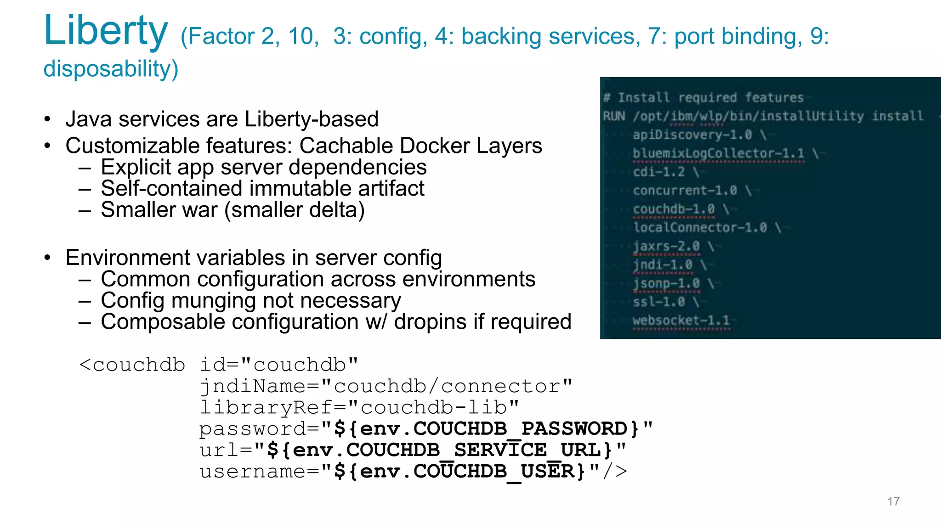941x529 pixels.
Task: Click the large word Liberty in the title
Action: [x=106, y=30]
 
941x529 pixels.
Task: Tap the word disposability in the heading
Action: [x=110, y=69]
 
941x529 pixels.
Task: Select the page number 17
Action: [x=893, y=501]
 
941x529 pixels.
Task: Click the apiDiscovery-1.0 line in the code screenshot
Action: [x=692, y=135]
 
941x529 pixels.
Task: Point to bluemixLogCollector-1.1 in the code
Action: [x=718, y=153]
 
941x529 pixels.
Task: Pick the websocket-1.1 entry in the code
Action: [x=681, y=320]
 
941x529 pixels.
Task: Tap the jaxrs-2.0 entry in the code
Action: [x=666, y=246]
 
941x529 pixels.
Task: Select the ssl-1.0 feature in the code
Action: [x=659, y=302]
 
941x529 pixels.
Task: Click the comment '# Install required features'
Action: [x=703, y=97]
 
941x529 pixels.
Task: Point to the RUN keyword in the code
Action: [x=614, y=116]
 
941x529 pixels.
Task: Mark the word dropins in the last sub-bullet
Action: [x=430, y=322]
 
